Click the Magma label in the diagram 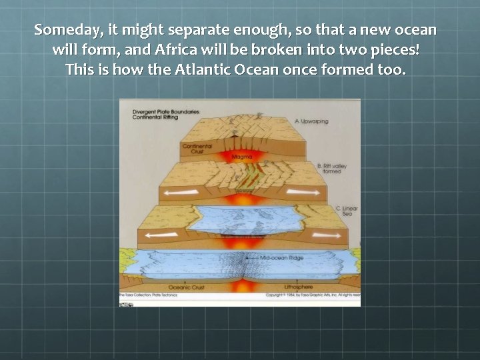pyautogui.click(x=241, y=157)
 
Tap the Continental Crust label pyautogui.click(x=197, y=149)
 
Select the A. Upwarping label pyautogui.click(x=310, y=121)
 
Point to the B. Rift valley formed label pyautogui.click(x=329, y=168)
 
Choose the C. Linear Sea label pyautogui.click(x=347, y=211)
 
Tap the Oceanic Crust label pyautogui.click(x=189, y=288)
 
